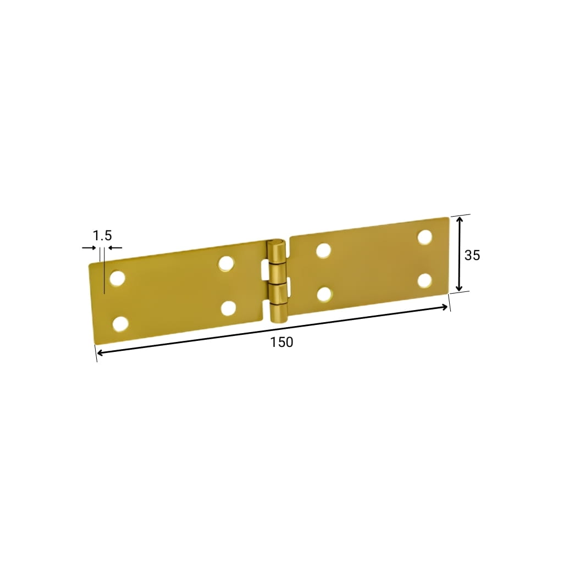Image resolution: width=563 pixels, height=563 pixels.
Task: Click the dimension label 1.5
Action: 102,235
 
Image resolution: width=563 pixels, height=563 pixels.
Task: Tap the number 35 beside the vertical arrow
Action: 472,255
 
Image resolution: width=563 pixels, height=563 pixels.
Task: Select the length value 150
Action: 281,342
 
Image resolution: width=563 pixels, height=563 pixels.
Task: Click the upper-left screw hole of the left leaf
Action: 117,278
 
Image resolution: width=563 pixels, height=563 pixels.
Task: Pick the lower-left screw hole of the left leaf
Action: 120,324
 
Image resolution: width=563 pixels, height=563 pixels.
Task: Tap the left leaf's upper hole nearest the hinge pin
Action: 226,263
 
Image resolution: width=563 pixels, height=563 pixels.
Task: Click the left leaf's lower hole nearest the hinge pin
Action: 228,308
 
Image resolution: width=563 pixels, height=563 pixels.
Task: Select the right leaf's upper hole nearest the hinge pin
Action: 323,250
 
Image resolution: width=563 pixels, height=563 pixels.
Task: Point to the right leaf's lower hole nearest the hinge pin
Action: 324,294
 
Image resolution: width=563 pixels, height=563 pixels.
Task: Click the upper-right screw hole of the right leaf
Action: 425,238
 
